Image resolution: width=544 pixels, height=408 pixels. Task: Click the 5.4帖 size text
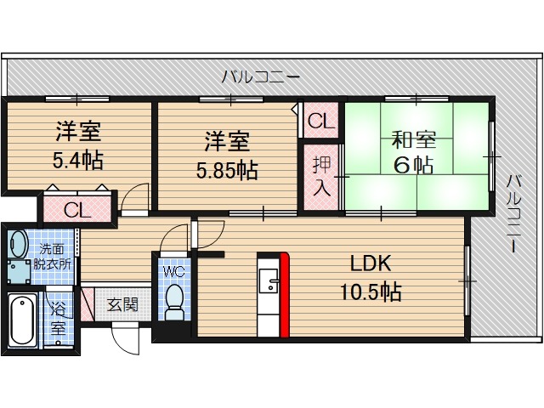[78, 160]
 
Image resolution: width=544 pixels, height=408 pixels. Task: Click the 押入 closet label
[321, 175]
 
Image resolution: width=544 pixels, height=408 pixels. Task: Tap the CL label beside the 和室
[322, 121]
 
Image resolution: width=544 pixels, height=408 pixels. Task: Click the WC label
[174, 273]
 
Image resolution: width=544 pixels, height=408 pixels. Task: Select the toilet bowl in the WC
[174, 302]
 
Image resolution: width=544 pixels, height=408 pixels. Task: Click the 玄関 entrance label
[122, 304]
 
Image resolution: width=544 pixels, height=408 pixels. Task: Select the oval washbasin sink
[17, 244]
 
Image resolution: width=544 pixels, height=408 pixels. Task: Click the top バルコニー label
[260, 77]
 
